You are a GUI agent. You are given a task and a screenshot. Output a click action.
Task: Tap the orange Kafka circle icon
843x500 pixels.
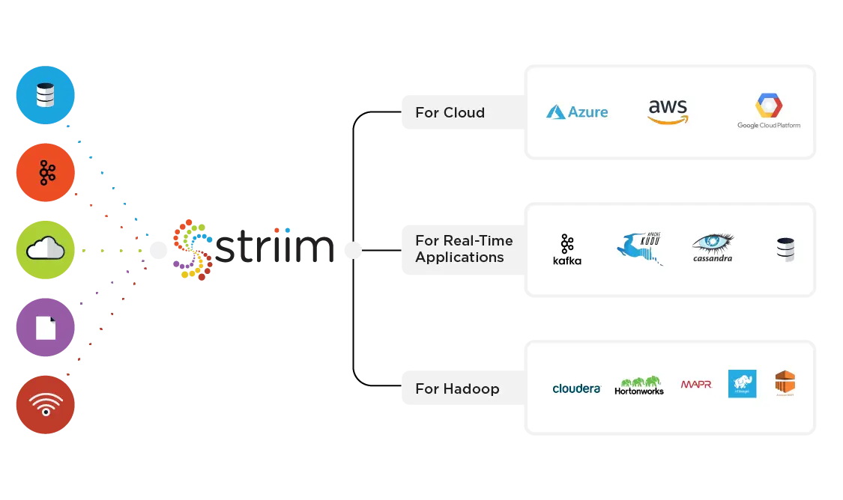pyautogui.click(x=46, y=172)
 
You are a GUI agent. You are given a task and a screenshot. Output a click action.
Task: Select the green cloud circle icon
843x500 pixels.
pyautogui.click(x=46, y=250)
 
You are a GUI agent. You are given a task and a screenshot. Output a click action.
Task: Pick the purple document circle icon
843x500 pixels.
pyautogui.click(x=46, y=328)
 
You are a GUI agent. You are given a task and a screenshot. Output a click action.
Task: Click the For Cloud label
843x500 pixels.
pyautogui.click(x=450, y=112)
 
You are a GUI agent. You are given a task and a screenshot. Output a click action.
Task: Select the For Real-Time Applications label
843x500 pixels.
pyautogui.click(x=464, y=249)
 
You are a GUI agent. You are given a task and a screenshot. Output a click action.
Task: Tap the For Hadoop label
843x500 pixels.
pyautogui.click(x=457, y=388)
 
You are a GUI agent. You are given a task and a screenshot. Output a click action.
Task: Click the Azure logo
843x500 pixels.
pyautogui.click(x=577, y=112)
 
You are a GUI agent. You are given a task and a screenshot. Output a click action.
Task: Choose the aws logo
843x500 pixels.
pyautogui.click(x=668, y=112)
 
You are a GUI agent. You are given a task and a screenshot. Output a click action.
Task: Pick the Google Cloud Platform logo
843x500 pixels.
pyautogui.click(x=769, y=112)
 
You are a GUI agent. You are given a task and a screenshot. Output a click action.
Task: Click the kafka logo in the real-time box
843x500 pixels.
pyautogui.click(x=566, y=249)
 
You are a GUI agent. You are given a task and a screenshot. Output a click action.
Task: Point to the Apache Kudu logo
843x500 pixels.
pyautogui.click(x=641, y=248)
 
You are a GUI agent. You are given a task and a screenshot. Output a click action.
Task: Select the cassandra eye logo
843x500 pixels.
pyautogui.click(x=713, y=248)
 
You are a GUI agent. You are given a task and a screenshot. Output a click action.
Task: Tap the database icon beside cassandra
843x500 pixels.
pyautogui.click(x=785, y=249)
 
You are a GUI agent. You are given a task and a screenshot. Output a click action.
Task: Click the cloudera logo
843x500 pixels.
pyautogui.click(x=576, y=388)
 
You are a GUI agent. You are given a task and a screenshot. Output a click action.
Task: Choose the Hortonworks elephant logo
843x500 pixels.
pyautogui.click(x=639, y=385)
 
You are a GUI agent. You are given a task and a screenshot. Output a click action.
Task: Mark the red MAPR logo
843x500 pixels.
pyautogui.click(x=696, y=384)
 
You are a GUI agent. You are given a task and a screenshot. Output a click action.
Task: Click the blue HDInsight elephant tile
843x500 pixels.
pyautogui.click(x=742, y=383)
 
